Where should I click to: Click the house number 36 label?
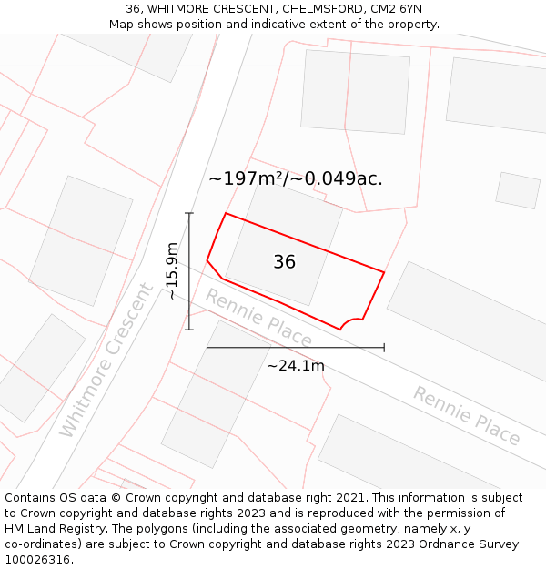pyautogui.click(x=284, y=262)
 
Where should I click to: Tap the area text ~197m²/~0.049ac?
pyautogui.click(x=295, y=178)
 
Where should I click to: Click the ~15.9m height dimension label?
pyautogui.click(x=172, y=270)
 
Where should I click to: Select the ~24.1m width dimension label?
pyautogui.click(x=295, y=366)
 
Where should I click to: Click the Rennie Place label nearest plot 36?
pyautogui.click(x=258, y=318)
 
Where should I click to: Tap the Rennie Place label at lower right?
pyautogui.click(x=466, y=415)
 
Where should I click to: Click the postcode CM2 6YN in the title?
pyautogui.click(x=397, y=9)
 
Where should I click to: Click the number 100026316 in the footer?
pyautogui.click(x=36, y=560)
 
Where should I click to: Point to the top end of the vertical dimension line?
pyautogui.click(x=189, y=213)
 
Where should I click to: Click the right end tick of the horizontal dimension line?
pyautogui.click(x=384, y=347)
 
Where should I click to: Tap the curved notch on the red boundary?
pyautogui.click(x=350, y=322)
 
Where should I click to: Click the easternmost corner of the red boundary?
pyautogui.click(x=384, y=272)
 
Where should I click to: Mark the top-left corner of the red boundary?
pyautogui.click(x=225, y=213)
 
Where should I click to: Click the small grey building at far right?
pyautogui.click(x=518, y=190)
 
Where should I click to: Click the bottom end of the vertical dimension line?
pyautogui.click(x=189, y=330)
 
